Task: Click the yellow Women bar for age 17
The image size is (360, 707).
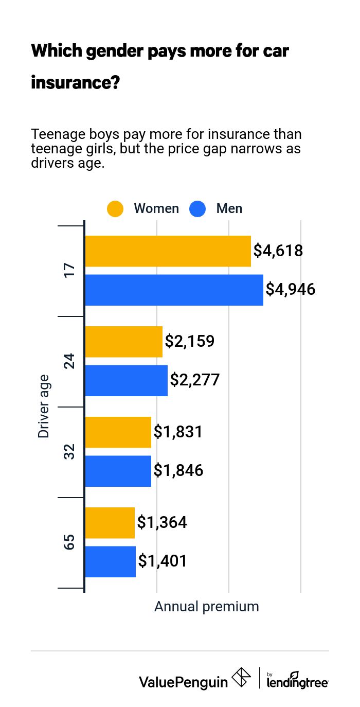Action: click(x=168, y=251)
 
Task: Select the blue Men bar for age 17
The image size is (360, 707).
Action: click(x=174, y=290)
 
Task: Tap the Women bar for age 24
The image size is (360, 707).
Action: click(x=123, y=342)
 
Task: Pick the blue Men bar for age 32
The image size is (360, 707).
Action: click(x=118, y=471)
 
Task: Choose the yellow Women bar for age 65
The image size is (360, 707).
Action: click(x=110, y=523)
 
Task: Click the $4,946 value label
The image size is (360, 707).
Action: click(x=291, y=290)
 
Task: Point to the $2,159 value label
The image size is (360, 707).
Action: click(x=189, y=341)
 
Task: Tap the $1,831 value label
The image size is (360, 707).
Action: click(x=178, y=432)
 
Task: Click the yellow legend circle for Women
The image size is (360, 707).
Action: click(x=115, y=209)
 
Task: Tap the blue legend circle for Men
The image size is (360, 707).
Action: click(x=197, y=209)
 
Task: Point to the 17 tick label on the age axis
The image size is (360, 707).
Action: click(x=69, y=271)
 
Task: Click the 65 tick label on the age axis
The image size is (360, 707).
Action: click(x=69, y=542)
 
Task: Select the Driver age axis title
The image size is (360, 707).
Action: click(x=44, y=406)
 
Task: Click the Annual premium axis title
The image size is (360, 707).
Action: click(x=207, y=607)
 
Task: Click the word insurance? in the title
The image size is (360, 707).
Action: click(x=76, y=82)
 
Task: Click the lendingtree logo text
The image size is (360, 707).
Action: click(x=298, y=682)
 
